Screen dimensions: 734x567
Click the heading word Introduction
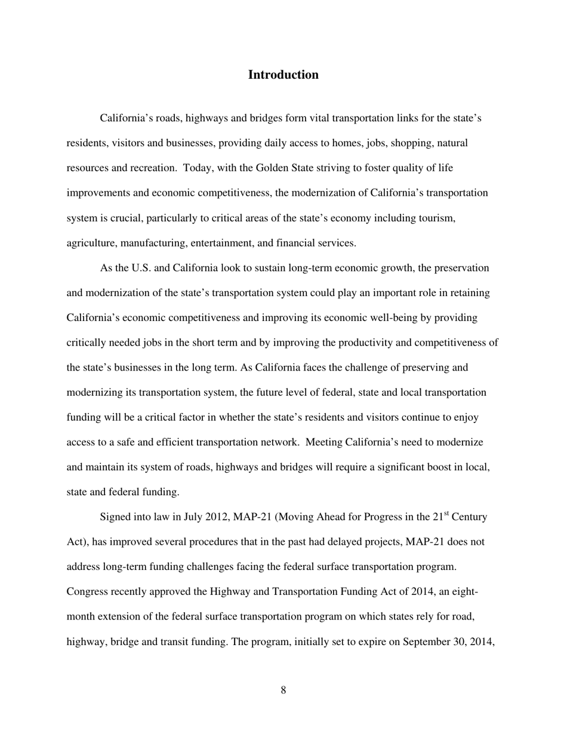283,75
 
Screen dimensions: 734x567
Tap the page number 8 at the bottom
283,690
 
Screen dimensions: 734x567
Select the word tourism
436,218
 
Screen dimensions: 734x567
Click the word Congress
87,592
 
